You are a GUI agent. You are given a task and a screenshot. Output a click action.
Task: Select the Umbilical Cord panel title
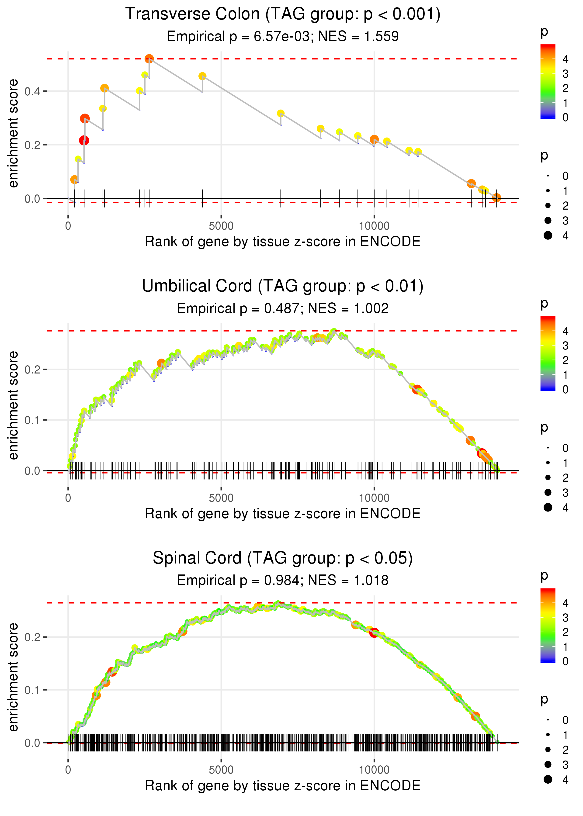[x=283, y=286]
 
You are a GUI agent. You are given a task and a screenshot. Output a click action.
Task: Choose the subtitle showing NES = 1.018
[x=283, y=581]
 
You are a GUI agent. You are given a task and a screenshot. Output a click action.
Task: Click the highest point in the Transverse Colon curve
[x=149, y=59]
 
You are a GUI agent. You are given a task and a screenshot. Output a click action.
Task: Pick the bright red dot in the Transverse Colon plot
[x=84, y=140]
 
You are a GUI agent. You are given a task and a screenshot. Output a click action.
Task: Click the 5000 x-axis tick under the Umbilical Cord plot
[x=221, y=498]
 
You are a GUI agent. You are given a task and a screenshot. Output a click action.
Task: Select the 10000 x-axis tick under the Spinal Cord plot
[x=374, y=770]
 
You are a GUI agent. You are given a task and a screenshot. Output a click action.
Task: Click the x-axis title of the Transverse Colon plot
[x=283, y=242]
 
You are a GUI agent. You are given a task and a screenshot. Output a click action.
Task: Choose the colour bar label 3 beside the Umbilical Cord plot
[x=566, y=346]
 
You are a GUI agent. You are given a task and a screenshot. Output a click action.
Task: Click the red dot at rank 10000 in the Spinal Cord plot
[x=374, y=633]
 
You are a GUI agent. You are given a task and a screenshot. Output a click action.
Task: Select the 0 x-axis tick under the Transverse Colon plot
[x=68, y=226]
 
